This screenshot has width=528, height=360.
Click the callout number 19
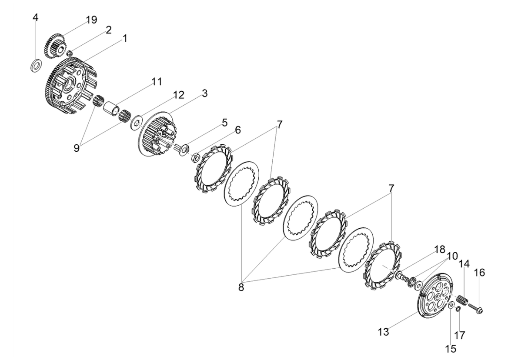(91, 20)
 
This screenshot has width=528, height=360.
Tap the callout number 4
(36, 17)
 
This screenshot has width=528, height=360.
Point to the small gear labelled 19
(55, 45)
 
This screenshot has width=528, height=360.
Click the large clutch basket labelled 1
(66, 85)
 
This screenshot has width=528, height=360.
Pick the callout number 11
(156, 81)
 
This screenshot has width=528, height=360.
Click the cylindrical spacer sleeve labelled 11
(111, 107)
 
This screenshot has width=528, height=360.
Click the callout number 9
(77, 148)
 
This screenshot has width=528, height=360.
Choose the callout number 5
(224, 123)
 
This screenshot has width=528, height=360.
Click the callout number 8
(241, 287)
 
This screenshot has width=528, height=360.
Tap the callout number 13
(383, 333)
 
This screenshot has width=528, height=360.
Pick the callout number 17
(460, 335)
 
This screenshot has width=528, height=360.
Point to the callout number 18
(440, 250)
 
